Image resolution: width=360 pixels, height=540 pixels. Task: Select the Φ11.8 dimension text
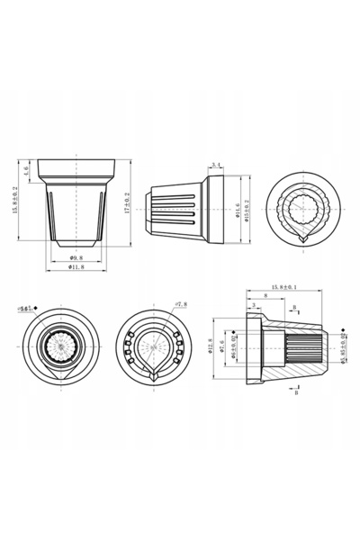[76, 268]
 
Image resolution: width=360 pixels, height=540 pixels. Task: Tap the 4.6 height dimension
[28, 169]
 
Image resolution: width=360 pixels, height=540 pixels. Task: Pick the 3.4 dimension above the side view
[215, 164]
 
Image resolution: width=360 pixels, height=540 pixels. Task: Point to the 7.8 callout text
[180, 304]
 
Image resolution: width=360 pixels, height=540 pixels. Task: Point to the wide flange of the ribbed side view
[216, 209]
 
